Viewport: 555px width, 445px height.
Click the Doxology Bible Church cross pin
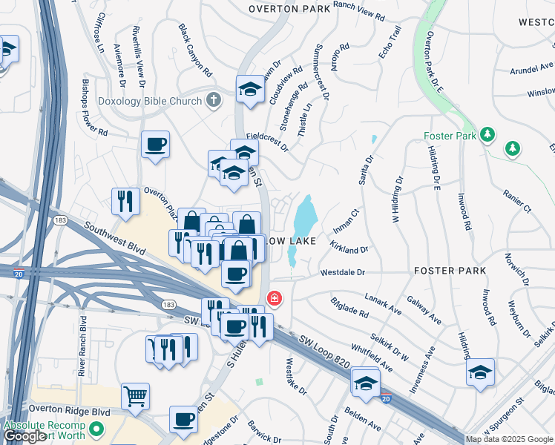[x=214, y=101]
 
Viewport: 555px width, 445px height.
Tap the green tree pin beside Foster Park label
[x=487, y=136]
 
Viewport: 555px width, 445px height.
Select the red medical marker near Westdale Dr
[x=275, y=299]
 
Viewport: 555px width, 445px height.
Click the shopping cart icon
[x=135, y=396]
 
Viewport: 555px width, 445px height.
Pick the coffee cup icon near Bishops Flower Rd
[x=156, y=144]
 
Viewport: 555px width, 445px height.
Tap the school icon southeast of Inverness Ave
[x=480, y=372]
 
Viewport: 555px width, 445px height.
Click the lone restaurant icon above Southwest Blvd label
[x=125, y=200]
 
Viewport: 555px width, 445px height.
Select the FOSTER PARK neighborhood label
[x=450, y=271]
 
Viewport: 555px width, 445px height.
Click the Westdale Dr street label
[x=343, y=273]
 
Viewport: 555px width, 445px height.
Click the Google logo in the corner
[x=24, y=436]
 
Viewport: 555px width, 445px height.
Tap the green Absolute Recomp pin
[x=96, y=429]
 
